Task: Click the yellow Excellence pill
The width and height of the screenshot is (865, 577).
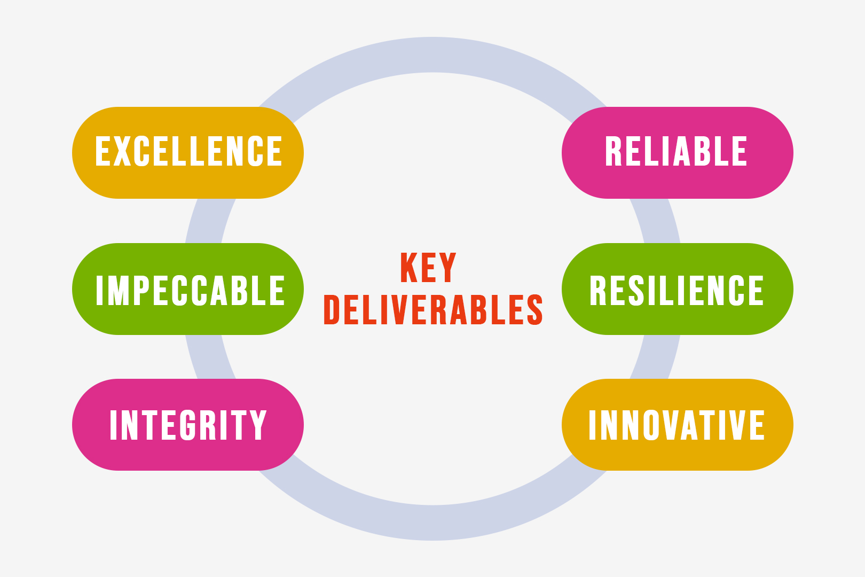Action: [x=187, y=153]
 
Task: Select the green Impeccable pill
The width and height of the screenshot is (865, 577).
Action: [x=187, y=289]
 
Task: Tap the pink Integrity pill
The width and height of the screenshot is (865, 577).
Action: [x=187, y=425]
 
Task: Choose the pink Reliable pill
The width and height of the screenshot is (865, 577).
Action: [x=678, y=153]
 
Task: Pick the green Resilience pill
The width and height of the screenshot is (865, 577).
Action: [x=678, y=289]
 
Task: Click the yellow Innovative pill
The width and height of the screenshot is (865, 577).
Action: [x=678, y=425]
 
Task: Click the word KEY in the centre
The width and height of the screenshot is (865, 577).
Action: [x=428, y=268]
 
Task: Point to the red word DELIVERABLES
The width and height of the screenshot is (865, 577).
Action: [x=433, y=309]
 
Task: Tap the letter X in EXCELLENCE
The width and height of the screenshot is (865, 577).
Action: [x=122, y=151]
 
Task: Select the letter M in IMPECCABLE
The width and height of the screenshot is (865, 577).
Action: [x=118, y=291]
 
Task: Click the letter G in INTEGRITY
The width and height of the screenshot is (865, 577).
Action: [x=188, y=425]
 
